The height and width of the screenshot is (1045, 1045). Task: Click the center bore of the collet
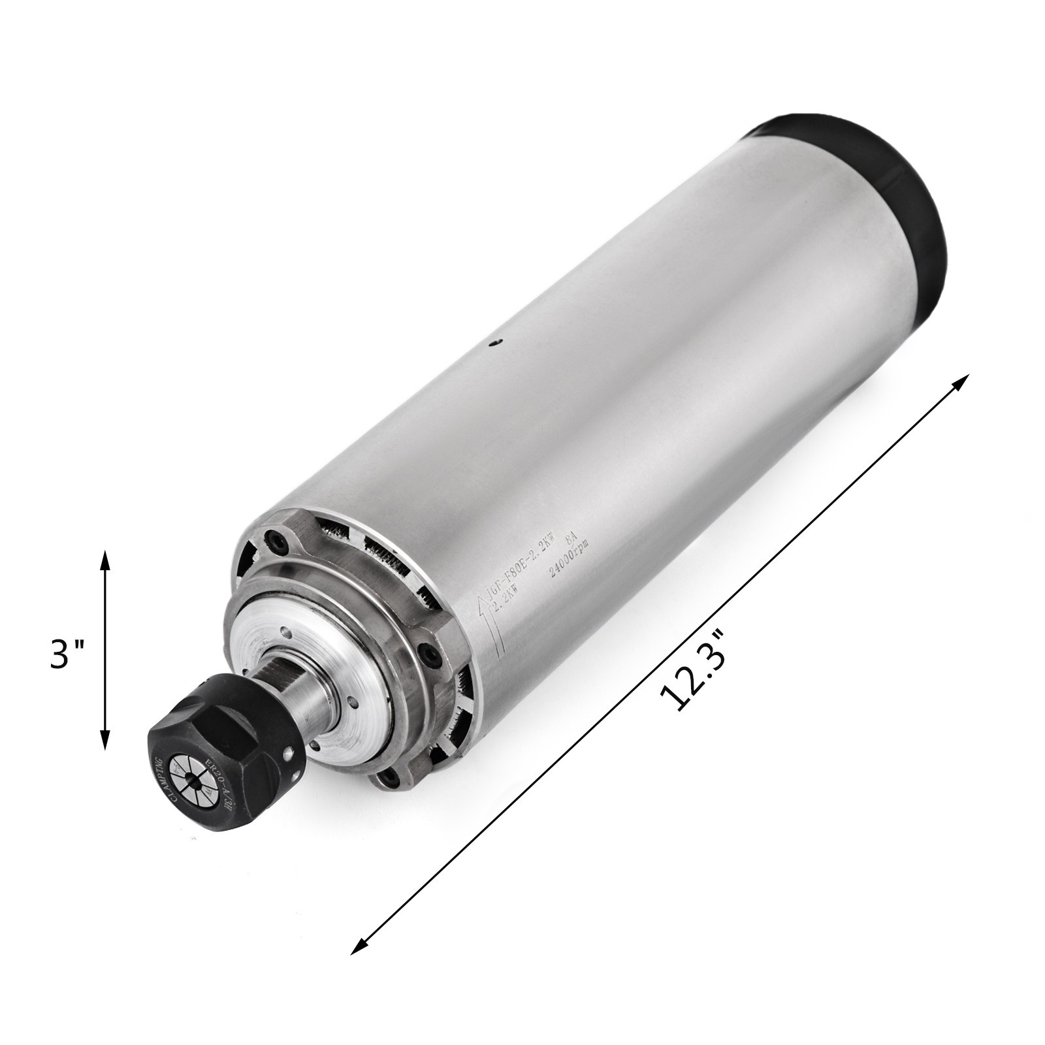(x=187, y=786)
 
